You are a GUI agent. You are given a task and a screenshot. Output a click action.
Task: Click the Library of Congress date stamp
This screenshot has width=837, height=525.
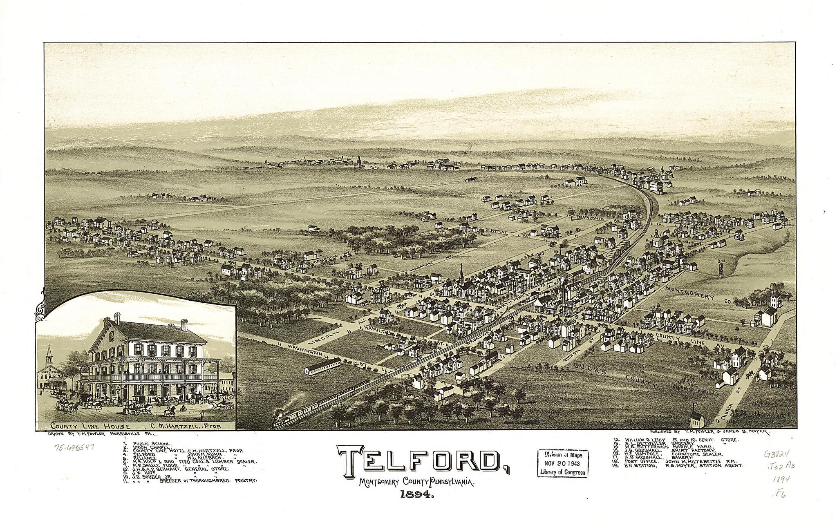click(x=562, y=462)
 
